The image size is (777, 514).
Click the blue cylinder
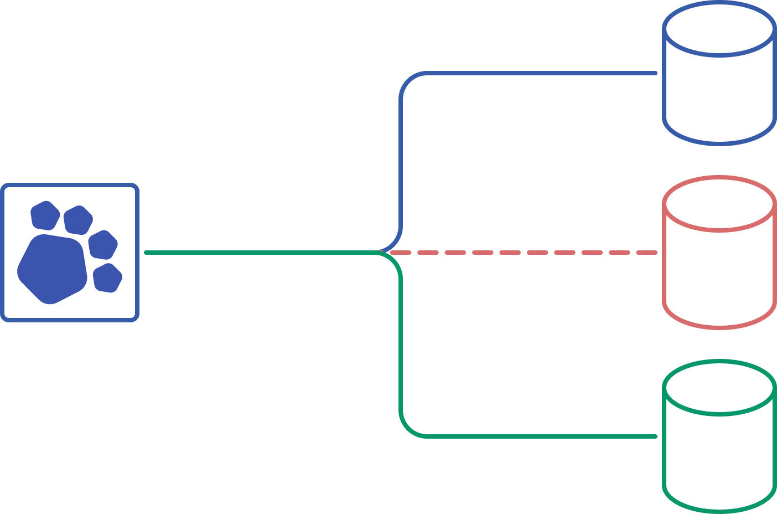(x=719, y=89)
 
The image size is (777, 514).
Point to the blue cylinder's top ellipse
(x=719, y=28)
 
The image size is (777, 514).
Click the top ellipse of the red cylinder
(x=719, y=203)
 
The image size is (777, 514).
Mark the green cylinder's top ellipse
(x=719, y=387)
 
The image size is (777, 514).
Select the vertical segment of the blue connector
(x=401, y=161)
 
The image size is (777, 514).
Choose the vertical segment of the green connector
(x=401, y=343)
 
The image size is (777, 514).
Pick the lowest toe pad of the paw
(x=107, y=278)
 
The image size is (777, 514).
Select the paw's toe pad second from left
(x=77, y=220)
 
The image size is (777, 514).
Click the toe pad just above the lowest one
(x=103, y=245)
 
